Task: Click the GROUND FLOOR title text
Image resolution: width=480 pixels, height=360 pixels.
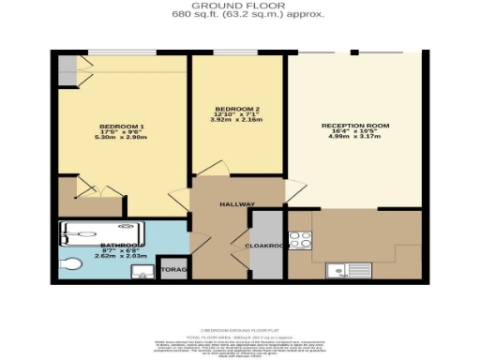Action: click(239, 5)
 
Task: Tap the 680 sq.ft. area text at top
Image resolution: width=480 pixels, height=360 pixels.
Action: click(239, 14)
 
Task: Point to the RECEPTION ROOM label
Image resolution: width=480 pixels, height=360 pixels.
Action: click(355, 126)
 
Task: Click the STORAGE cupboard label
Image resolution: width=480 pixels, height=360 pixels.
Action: click(173, 270)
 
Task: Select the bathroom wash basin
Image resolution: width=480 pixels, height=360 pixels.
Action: click(141, 272)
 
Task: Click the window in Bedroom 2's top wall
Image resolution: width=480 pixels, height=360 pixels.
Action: click(231, 52)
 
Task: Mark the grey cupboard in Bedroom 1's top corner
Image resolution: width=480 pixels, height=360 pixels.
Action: click(67, 68)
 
